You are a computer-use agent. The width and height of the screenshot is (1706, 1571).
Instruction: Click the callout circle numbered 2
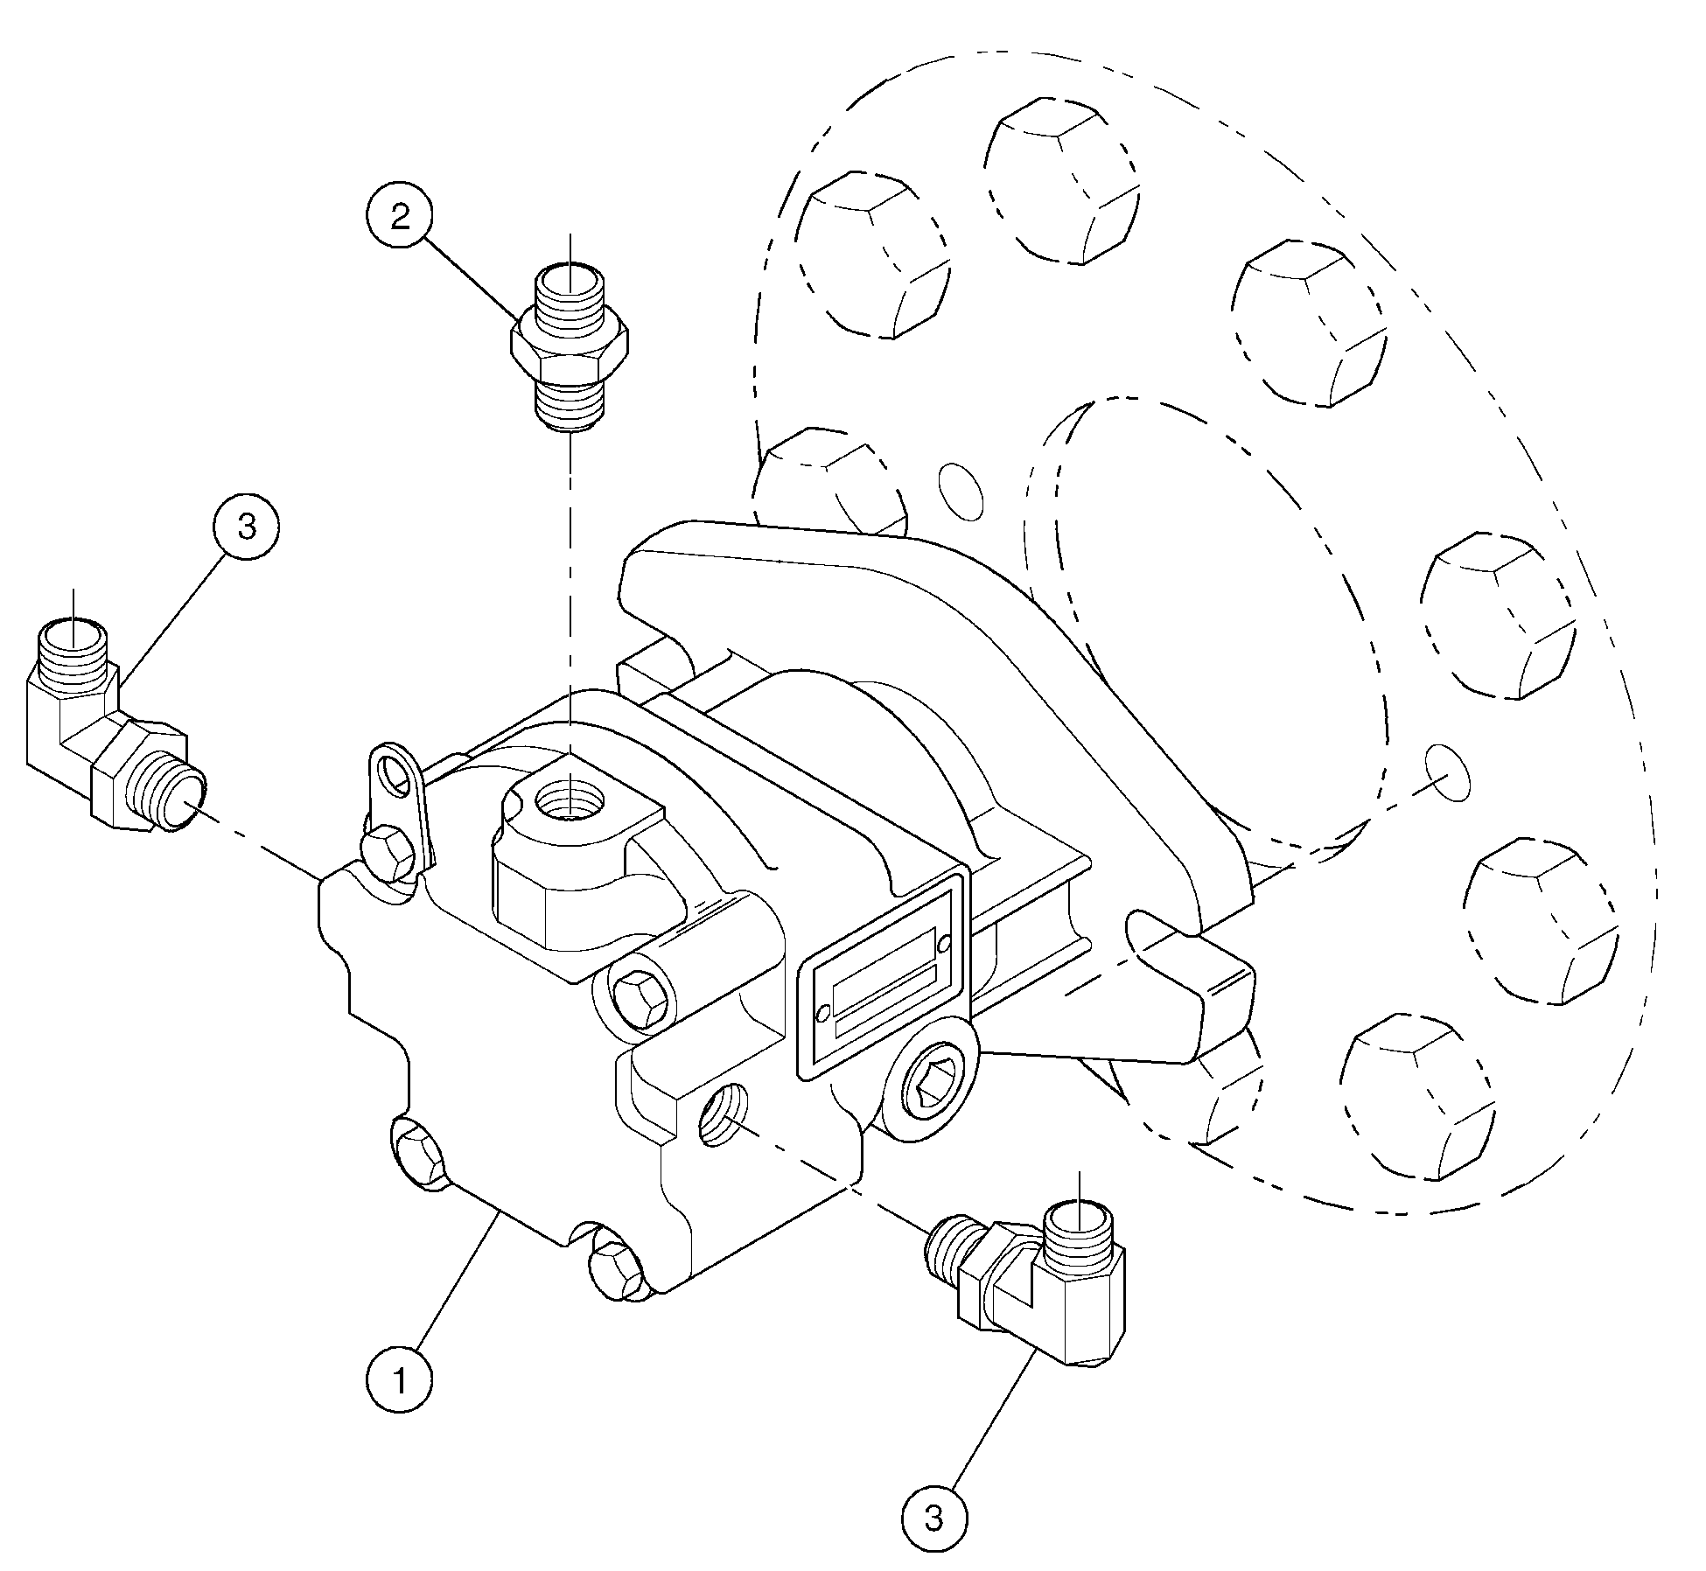(x=400, y=217)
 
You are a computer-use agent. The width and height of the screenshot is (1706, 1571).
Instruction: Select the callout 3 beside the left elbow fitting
(x=248, y=527)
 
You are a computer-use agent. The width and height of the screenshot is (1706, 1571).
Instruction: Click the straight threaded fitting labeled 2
(x=570, y=350)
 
